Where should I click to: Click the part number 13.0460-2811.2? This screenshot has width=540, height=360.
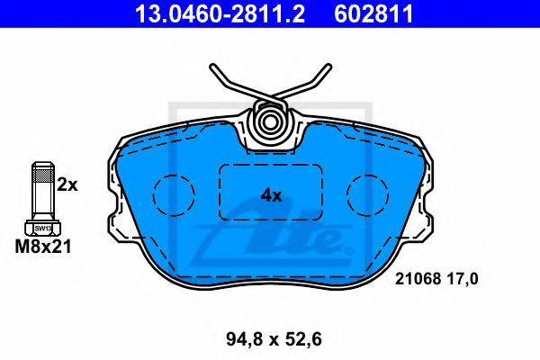point(220,13)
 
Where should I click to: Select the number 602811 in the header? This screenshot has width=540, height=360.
point(373,13)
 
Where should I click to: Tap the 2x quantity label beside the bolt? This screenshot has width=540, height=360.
point(67,185)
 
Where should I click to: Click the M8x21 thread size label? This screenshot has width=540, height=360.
point(43,247)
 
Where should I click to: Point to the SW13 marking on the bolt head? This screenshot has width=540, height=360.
point(43,229)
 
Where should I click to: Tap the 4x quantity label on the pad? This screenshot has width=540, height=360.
point(272,196)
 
